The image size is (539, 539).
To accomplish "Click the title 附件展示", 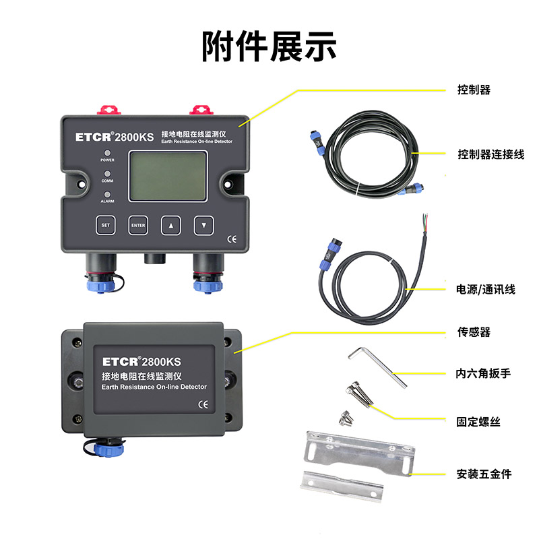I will coord(269,46).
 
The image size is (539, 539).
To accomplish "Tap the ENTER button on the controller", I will coord(138,225).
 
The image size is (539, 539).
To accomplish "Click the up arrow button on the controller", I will coord(171,225).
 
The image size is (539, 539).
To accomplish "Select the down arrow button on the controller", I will coord(204,225).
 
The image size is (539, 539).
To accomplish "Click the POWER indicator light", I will coord(107,154).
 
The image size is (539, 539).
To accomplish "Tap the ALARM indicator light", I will coord(107,194).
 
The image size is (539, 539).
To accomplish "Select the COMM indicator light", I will coord(107,174).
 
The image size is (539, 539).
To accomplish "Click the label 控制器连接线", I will coord(490,154).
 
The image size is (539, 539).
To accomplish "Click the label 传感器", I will coord(474,332).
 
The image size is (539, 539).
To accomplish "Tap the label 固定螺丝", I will coord(478,422).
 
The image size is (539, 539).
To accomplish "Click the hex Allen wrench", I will coord(381,365).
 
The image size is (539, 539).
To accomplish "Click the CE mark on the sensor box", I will coord(202,405).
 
